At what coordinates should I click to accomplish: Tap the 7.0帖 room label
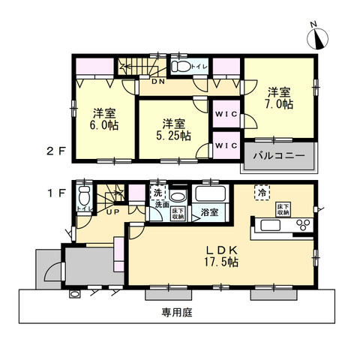click(x=280, y=97)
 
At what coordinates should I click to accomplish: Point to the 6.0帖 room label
click(x=103, y=119)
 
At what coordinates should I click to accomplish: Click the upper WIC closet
click(x=225, y=115)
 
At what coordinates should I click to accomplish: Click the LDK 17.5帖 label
click(x=217, y=256)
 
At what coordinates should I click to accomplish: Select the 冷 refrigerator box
click(x=262, y=191)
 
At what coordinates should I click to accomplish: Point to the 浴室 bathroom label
click(x=209, y=214)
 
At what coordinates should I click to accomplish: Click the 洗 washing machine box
click(x=158, y=192)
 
